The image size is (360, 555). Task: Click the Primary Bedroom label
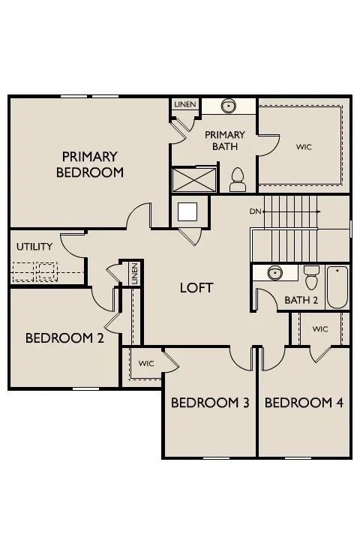pos(90,164)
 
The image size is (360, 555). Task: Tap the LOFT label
pos(196,288)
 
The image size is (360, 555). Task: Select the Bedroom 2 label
pos(64,338)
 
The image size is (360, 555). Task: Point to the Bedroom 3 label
pos(210,403)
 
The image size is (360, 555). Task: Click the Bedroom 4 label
pos(304,403)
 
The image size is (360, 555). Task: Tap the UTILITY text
pos(34,246)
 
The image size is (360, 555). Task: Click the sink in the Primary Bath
pos(229,106)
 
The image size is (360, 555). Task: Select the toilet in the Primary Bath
pos(238,179)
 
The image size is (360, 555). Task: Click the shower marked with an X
pos(194,180)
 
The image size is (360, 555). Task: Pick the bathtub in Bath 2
pos(337,287)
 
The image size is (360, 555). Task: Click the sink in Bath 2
pos(275,273)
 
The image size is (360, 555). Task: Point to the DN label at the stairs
pos(255,211)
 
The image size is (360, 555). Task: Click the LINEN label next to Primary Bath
pos(185,104)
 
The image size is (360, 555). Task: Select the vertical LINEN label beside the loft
pos(134,273)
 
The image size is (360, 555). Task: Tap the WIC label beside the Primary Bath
pos(304,146)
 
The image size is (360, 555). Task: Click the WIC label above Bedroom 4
pos(320,329)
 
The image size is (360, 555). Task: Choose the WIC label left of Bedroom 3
pos(146,364)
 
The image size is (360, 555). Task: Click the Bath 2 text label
pos(301,300)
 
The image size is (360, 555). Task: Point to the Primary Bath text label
pos(225,140)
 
